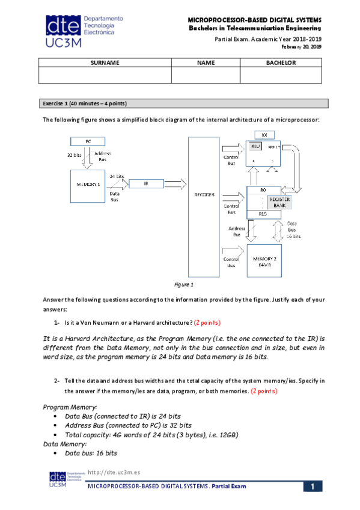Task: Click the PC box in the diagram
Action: [88, 141]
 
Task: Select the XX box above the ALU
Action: [264, 134]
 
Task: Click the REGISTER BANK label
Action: [279, 202]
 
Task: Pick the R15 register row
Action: [263, 214]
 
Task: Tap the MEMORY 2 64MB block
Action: [264, 260]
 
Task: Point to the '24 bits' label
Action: [117, 176]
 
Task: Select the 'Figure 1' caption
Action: [182, 284]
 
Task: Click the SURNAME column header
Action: [105, 63]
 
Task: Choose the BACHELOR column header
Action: [281, 63]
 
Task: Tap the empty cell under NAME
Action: [206, 75]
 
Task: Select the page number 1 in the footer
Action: [313, 486]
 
